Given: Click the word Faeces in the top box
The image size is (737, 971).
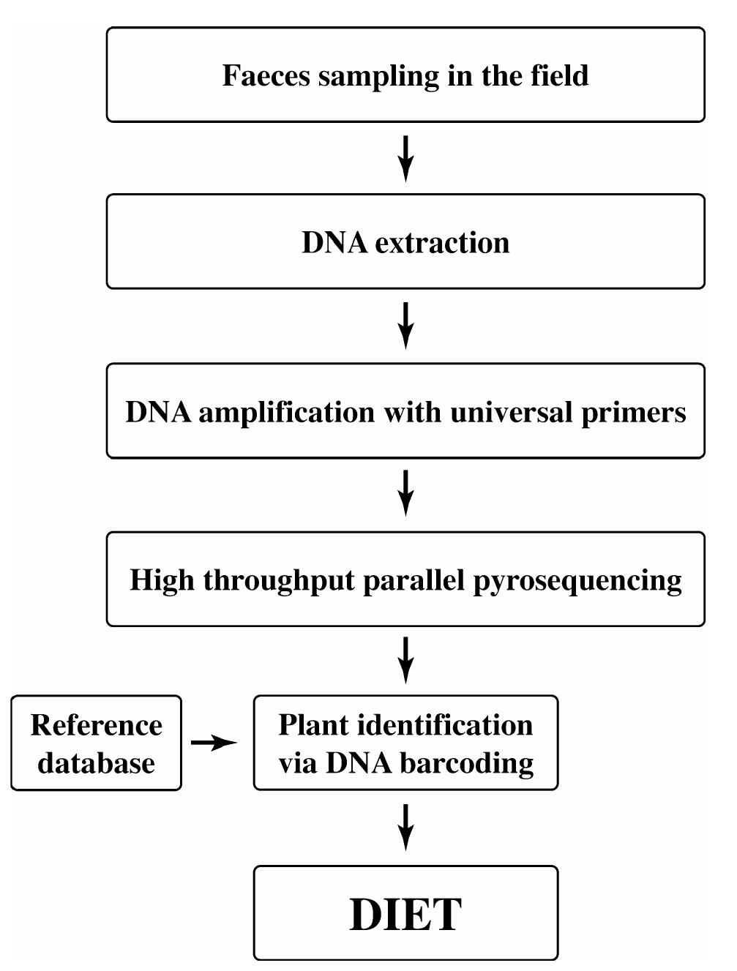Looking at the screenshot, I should (x=266, y=76).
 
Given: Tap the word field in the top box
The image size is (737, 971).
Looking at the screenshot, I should (x=560, y=76).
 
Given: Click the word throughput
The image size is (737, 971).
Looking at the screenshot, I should (x=279, y=581).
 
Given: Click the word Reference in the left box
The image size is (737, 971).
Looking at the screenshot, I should (x=96, y=725).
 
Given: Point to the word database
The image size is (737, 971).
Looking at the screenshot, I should (x=96, y=763).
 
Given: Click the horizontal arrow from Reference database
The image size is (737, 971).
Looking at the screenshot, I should (x=214, y=743).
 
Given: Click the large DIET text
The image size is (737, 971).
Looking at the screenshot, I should (x=405, y=914).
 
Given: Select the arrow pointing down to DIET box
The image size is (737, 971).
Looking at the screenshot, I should (x=405, y=827).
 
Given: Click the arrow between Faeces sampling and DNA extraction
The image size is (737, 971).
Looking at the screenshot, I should (x=405, y=158).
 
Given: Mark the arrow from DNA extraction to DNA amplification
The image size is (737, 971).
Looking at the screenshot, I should (x=405, y=326).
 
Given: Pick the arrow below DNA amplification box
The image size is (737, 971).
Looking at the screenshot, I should (x=405, y=493).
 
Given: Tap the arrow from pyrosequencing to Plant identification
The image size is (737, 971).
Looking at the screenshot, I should (x=405, y=660).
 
